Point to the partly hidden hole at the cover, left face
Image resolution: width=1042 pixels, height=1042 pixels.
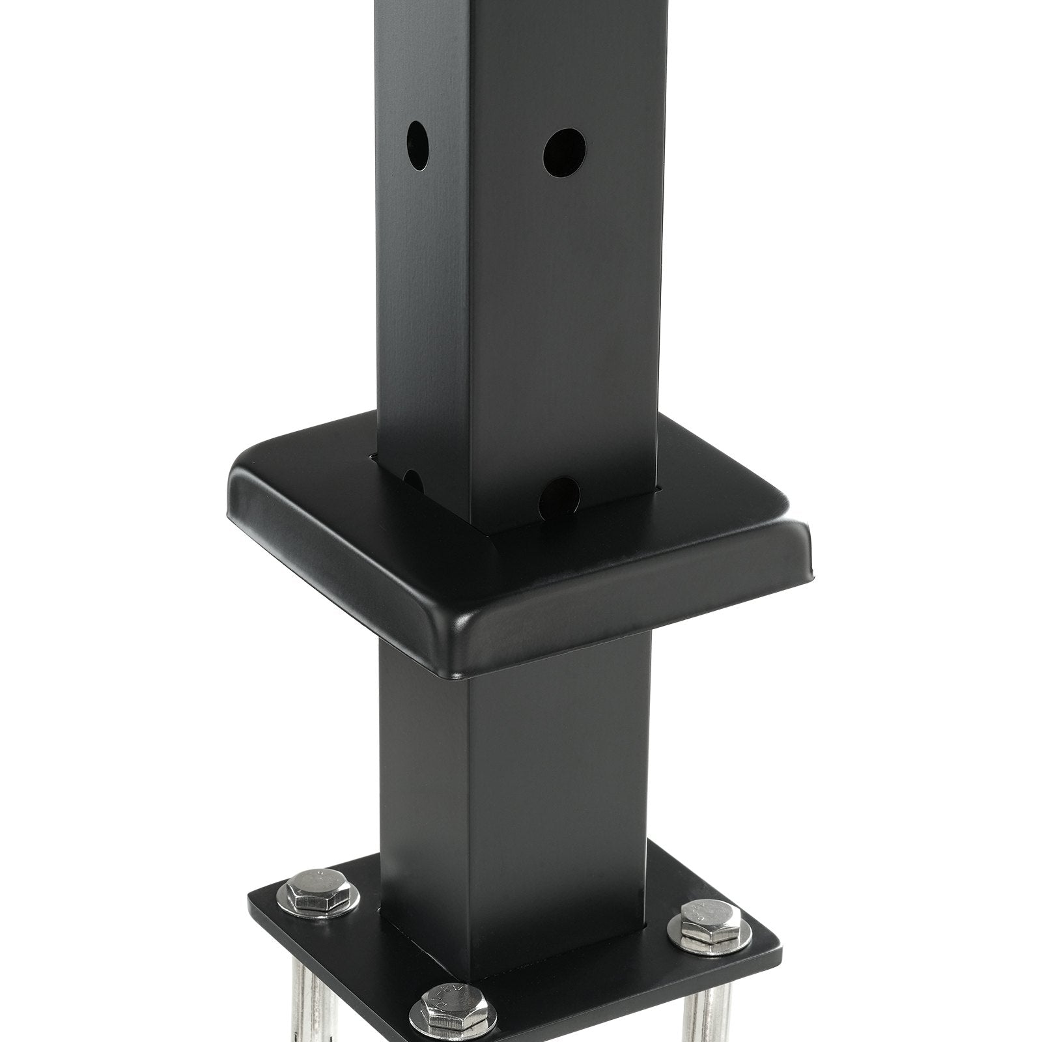pyautogui.click(x=413, y=481)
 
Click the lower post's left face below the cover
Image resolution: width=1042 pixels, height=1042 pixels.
pyautogui.click(x=423, y=749)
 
